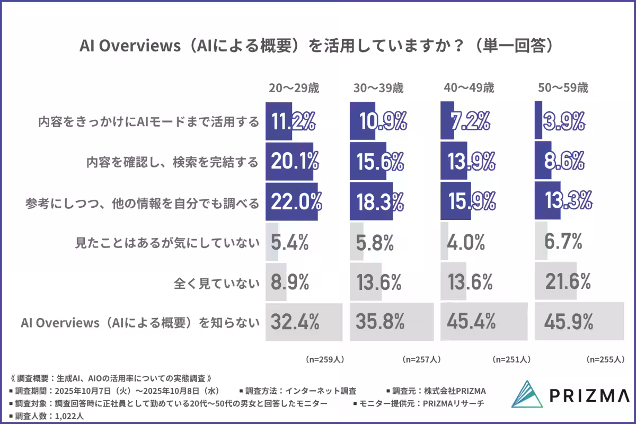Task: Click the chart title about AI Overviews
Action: pyautogui.click(x=317, y=46)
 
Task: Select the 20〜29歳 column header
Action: pyautogui.click(x=294, y=88)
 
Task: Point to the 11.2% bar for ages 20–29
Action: pyautogui.click(x=279, y=121)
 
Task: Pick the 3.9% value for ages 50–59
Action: pyautogui.click(x=564, y=121)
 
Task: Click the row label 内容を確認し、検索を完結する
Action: pyautogui.click(x=172, y=162)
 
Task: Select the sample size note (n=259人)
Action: pyautogui.click(x=325, y=359)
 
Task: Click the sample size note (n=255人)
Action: pyautogui.click(x=605, y=359)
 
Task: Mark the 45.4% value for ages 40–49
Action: pyautogui.click(x=472, y=321)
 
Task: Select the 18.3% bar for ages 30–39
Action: pyautogui.click(x=371, y=201)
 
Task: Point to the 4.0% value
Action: pyautogui.click(x=466, y=243)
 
